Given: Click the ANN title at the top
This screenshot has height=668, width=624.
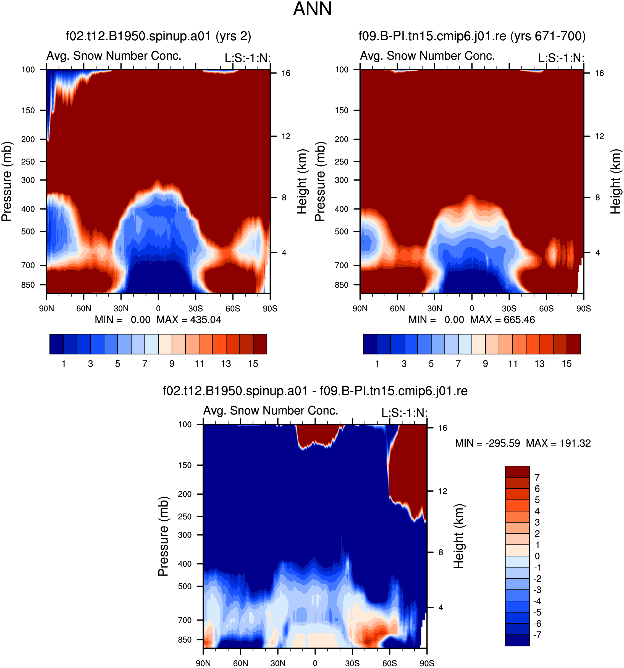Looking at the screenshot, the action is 312,9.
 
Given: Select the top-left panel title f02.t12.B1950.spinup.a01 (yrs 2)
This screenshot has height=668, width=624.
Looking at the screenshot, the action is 158,36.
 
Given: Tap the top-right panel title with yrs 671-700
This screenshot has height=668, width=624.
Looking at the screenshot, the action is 472,36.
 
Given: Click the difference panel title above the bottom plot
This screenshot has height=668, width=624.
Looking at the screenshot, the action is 315,391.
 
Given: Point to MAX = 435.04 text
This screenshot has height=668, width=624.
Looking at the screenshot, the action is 189,320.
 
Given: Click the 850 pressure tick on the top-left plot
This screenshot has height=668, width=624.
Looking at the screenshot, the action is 28,285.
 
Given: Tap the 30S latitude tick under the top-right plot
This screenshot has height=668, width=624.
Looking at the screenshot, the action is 509,308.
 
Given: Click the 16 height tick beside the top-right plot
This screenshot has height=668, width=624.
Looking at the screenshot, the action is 599,73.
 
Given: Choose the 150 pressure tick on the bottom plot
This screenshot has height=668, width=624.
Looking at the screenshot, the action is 185,465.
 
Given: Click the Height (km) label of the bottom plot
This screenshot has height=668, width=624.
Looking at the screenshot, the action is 458,536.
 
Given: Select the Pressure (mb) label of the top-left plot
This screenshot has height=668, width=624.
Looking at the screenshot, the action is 6,181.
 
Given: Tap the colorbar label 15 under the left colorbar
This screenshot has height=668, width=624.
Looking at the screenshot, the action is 253,364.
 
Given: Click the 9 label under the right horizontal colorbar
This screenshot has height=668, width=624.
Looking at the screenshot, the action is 485,364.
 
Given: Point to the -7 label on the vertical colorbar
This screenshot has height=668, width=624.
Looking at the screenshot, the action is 537,635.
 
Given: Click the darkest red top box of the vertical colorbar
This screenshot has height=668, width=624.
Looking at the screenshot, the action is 517,471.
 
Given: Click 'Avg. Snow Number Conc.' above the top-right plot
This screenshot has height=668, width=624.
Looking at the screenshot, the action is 427,56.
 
